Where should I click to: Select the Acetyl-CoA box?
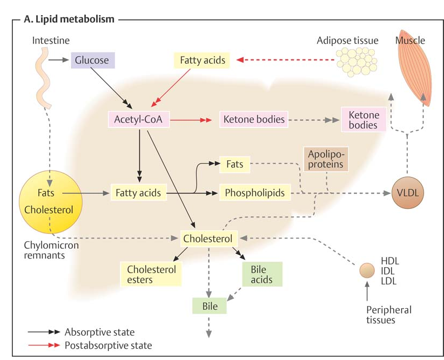pyautogui.click(x=139, y=119)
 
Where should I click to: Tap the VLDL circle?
pyautogui.click(x=408, y=192)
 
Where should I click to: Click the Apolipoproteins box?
pyautogui.click(x=325, y=159)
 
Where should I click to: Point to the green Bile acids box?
pyautogui.click(x=261, y=274)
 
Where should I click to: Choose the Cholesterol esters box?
pyautogui.click(x=151, y=274)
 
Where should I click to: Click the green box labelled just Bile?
pyautogui.click(x=210, y=306)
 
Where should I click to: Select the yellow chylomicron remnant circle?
pyautogui.click(x=48, y=200)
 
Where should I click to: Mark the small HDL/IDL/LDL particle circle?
pyautogui.click(x=367, y=269)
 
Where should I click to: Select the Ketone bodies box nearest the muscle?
pyautogui.click(x=364, y=120)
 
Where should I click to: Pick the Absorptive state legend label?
pyautogui.click(x=99, y=331)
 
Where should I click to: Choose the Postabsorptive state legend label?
pyautogui.click(x=108, y=345)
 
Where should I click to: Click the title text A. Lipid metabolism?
pyautogui.click(x=69, y=19)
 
